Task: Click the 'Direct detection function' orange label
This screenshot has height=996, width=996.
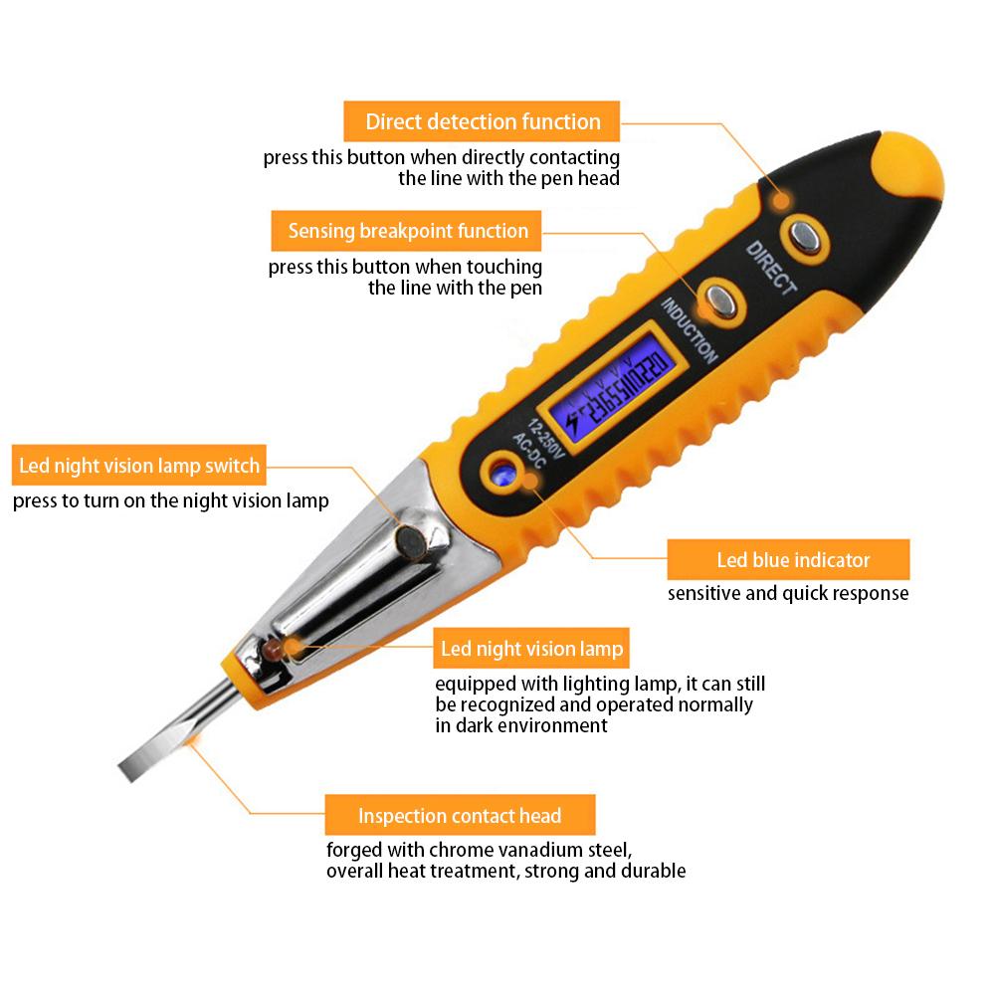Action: [x=483, y=121]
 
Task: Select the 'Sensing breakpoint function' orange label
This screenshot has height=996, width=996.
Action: [x=408, y=231]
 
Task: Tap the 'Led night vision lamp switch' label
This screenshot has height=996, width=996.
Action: [x=139, y=466]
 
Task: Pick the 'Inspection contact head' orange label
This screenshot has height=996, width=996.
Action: [x=460, y=816]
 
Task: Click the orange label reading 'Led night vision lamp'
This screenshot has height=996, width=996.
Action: [x=532, y=650]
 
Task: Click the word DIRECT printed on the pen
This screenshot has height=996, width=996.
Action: [x=772, y=268]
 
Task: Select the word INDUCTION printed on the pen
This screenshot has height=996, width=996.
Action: [x=689, y=330]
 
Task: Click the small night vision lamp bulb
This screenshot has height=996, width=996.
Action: [x=271, y=648]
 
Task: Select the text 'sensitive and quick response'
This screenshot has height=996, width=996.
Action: [x=787, y=594]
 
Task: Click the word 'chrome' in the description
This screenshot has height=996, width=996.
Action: [x=460, y=851]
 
